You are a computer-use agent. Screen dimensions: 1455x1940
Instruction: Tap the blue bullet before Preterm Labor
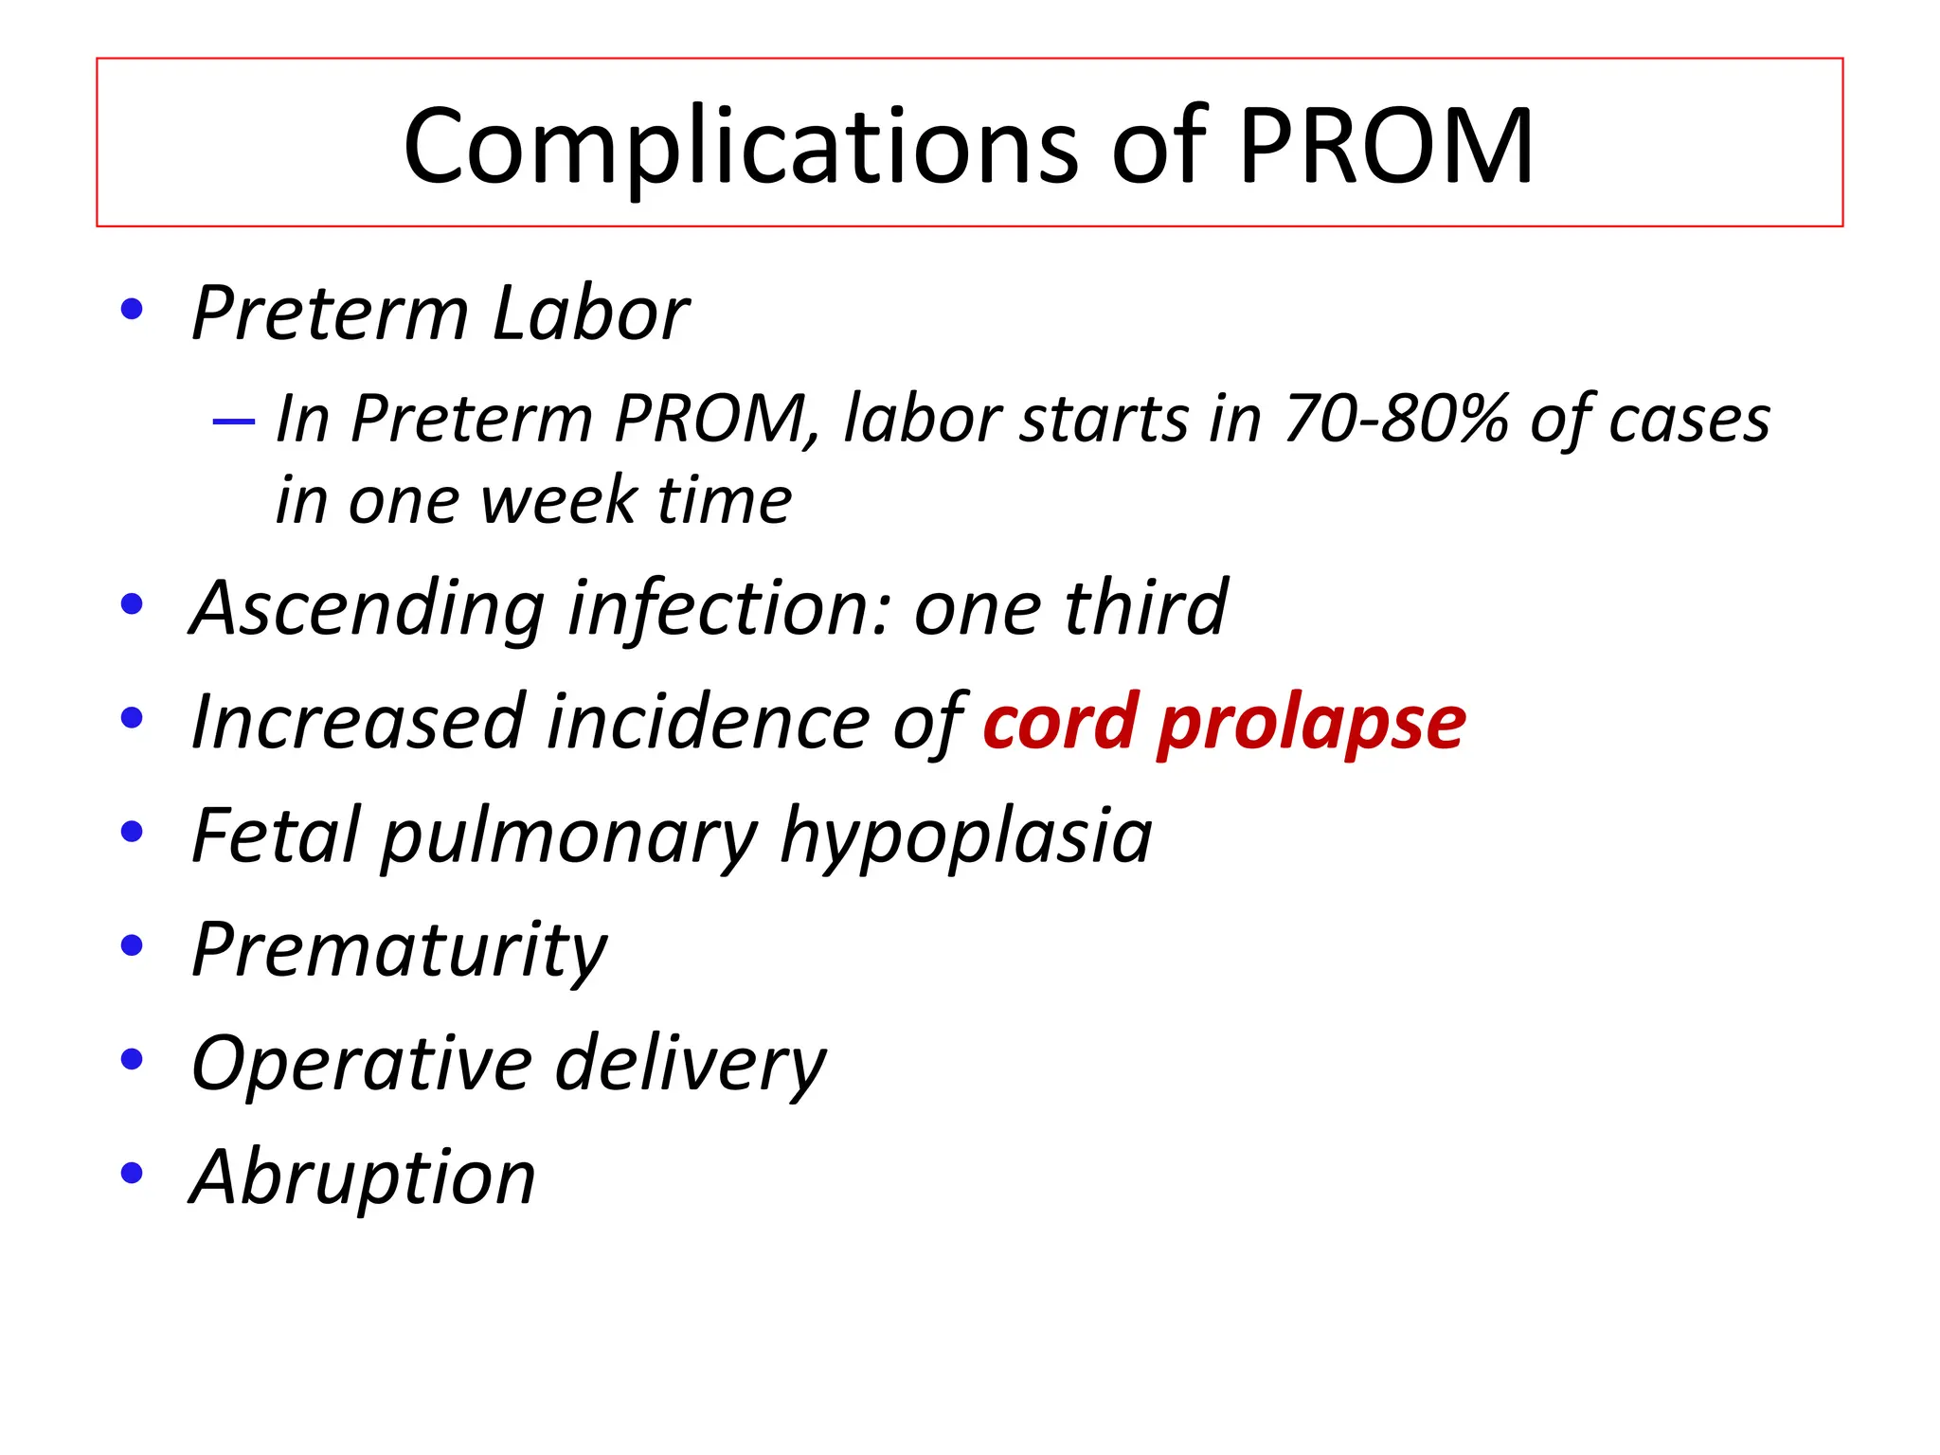pos(132,309)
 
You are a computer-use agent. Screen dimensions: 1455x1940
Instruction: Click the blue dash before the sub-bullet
pos(234,420)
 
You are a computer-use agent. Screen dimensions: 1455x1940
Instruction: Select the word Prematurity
pos(399,951)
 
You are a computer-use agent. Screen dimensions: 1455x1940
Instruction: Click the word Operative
pos(361,1065)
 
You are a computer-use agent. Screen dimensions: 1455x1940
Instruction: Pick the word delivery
pos(691,1065)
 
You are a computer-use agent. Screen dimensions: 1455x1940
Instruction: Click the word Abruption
pos(363,1177)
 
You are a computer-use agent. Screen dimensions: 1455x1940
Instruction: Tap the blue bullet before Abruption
pos(132,1174)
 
